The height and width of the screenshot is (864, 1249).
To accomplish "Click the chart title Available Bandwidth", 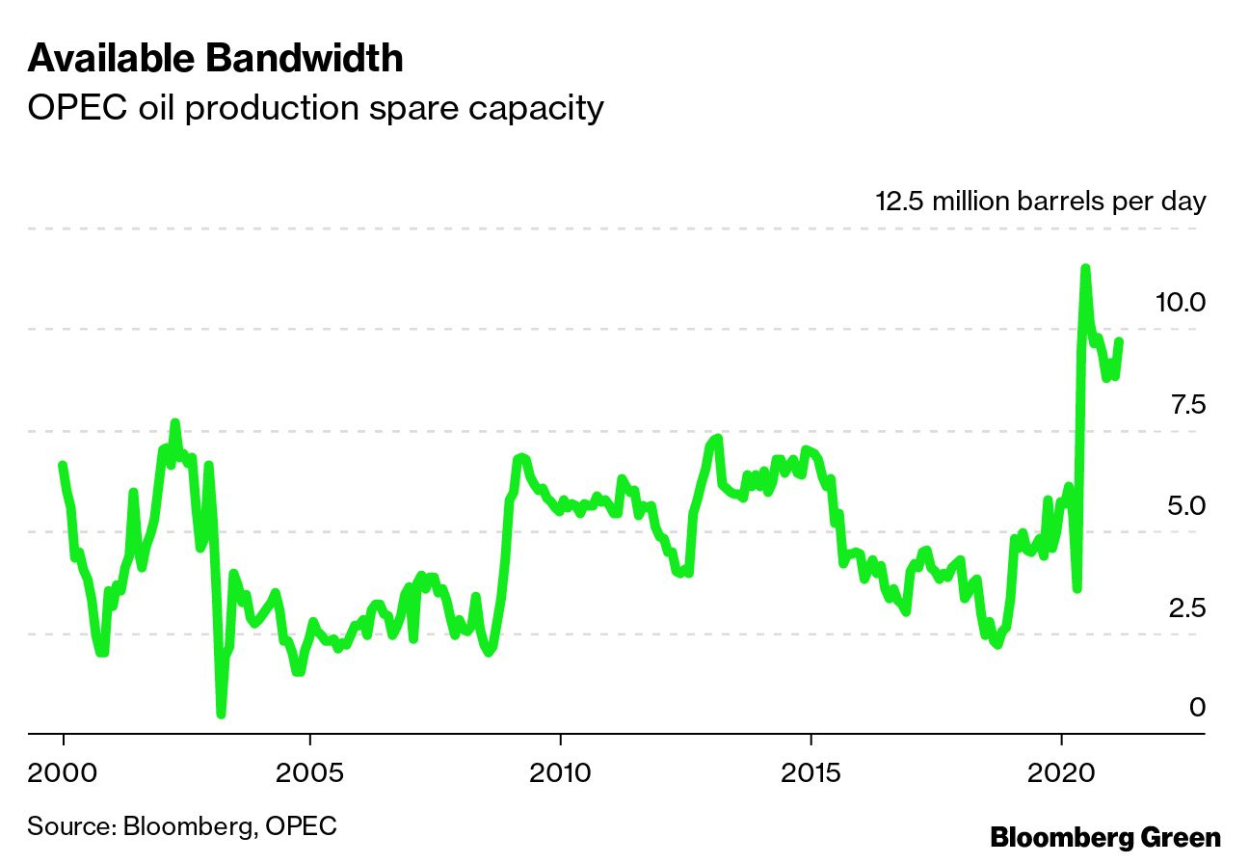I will (215, 59).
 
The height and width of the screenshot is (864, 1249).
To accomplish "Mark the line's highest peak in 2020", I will (1085, 268).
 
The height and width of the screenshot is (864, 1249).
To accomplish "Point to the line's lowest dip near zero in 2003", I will (222, 714).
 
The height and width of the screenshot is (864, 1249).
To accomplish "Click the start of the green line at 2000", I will (63, 466).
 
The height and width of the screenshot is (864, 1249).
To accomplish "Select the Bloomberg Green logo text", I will (1104, 837).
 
